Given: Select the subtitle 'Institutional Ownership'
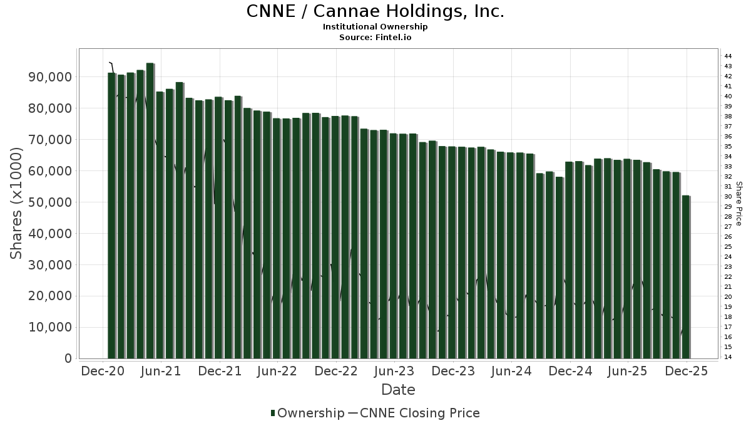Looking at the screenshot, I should coord(375,27).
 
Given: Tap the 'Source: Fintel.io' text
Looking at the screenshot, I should coord(375,37).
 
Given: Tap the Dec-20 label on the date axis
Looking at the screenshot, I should coord(103,371).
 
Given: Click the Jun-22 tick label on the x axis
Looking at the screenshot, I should coord(278,371).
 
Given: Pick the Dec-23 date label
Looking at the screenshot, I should coord(453,371).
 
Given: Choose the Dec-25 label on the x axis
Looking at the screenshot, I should coord(687,371).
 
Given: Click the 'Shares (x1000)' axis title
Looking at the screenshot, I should coord(18,203).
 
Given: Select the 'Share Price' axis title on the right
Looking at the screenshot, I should coord(738,203).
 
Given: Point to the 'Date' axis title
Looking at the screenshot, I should coord(398,390).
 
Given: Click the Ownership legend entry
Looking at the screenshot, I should coord(307,413).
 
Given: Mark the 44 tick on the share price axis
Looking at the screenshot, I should coord(728,56).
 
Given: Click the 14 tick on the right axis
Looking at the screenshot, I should coord(728,357).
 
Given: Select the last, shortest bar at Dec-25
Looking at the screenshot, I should coord(686,277).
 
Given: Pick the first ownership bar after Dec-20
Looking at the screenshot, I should coord(111,216).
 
